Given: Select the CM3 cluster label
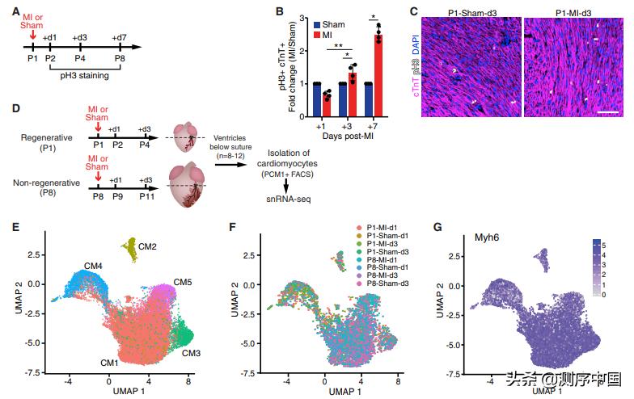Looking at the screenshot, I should click(192, 353).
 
